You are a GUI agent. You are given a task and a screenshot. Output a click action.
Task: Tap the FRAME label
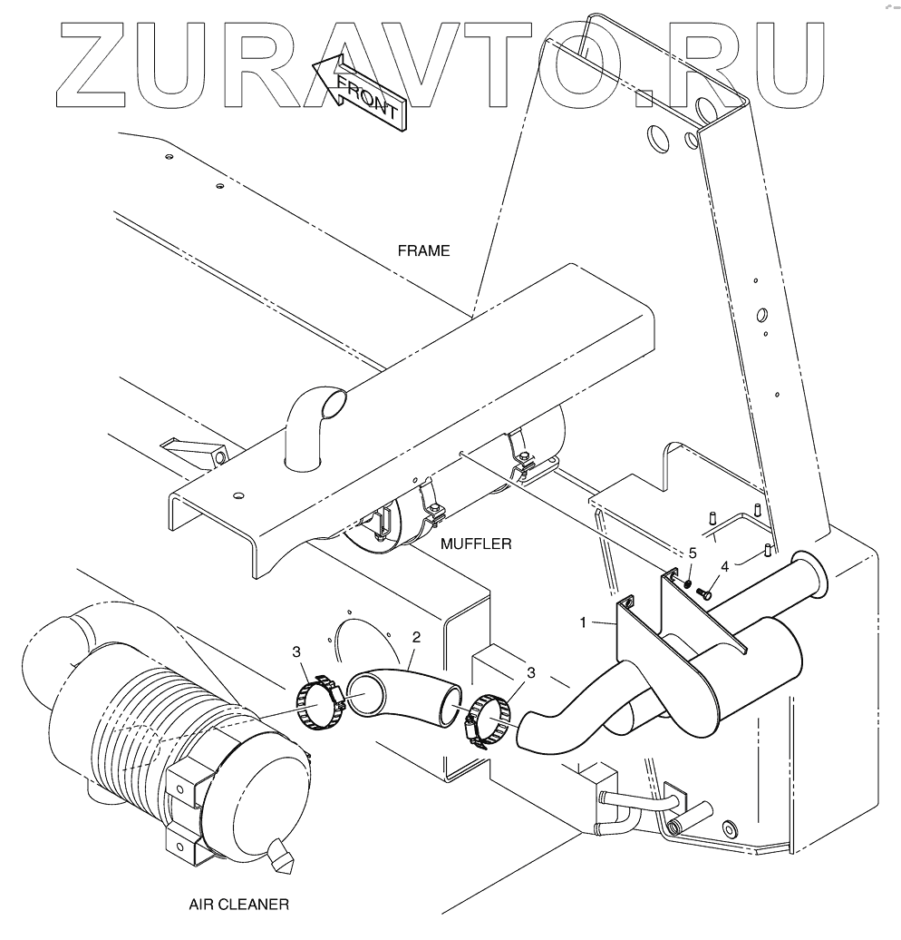point(422,250)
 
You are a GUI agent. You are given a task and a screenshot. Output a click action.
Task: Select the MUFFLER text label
point(476,544)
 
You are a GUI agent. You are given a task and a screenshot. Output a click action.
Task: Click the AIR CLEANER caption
point(240,904)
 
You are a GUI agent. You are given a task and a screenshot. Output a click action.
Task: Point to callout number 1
point(585,623)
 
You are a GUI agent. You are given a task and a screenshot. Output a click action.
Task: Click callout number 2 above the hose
point(415,638)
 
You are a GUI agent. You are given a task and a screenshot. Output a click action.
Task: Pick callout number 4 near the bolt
point(725,567)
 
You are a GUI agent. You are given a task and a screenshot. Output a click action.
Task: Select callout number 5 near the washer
point(693,552)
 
